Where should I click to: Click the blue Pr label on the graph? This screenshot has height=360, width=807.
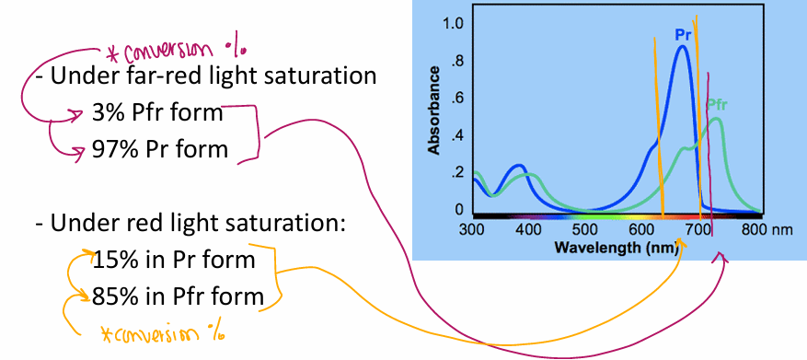[x=683, y=35]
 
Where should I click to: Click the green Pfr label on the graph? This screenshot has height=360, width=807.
[x=717, y=104]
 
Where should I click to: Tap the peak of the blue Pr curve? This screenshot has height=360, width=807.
[x=682, y=47]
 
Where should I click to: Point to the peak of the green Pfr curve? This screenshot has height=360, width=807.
[x=716, y=118]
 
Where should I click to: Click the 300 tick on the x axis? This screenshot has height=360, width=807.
[x=472, y=228]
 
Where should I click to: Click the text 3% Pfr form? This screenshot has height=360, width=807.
[x=157, y=113]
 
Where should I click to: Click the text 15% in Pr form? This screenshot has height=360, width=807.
[x=173, y=260]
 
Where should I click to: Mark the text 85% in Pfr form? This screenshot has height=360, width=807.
[x=178, y=296]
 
